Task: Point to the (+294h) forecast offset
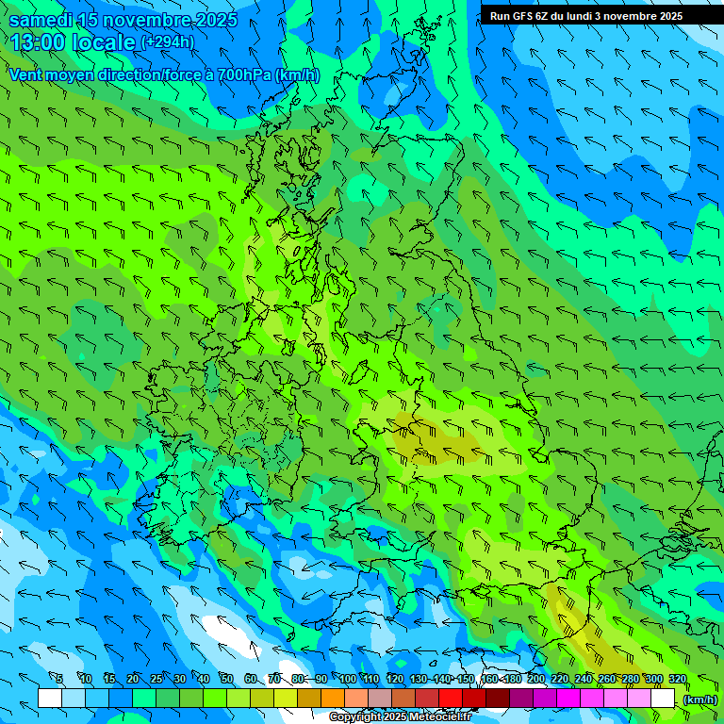(x=168, y=42)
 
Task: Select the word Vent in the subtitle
(x=26, y=74)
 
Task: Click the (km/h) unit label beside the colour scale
(x=699, y=699)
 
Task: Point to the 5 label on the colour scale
(x=59, y=679)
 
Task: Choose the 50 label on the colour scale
(x=226, y=679)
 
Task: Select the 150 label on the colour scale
(x=466, y=679)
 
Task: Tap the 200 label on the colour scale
(x=536, y=679)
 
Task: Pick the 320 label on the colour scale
(x=677, y=679)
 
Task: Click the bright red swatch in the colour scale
(x=451, y=699)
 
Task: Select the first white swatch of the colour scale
(x=50, y=699)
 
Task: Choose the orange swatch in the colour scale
(x=333, y=699)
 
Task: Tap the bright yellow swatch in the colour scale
(x=286, y=699)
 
